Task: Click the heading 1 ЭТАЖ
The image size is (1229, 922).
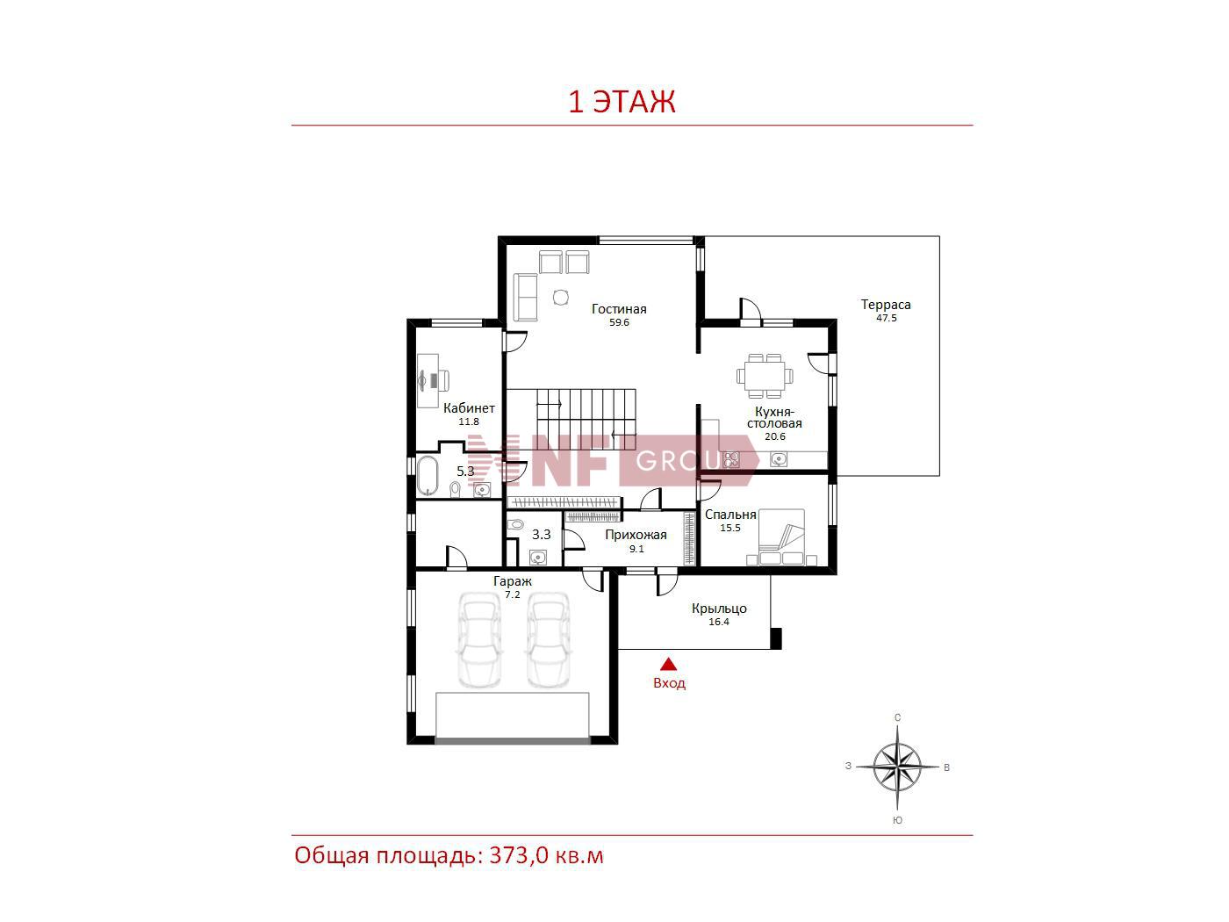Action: pyautogui.click(x=622, y=102)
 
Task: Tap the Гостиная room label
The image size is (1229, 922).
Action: pyautogui.click(x=619, y=309)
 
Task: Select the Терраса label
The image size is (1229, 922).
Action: pyautogui.click(x=886, y=305)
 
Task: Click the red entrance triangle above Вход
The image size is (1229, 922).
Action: pyautogui.click(x=669, y=664)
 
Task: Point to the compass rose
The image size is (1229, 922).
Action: pyautogui.click(x=897, y=767)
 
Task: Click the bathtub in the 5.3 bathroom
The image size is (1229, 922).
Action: pyautogui.click(x=428, y=476)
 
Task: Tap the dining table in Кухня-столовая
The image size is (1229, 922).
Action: pyautogui.click(x=765, y=376)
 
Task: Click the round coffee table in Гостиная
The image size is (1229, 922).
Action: pyautogui.click(x=560, y=298)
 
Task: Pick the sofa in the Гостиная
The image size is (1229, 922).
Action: pyautogui.click(x=525, y=298)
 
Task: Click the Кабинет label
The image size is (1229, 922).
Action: pyautogui.click(x=469, y=408)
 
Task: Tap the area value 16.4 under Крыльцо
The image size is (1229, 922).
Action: pyautogui.click(x=719, y=622)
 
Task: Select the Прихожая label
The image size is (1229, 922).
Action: pyautogui.click(x=636, y=535)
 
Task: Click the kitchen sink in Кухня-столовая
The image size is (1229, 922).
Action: pyautogui.click(x=779, y=459)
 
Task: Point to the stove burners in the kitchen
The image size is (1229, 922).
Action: pyautogui.click(x=731, y=459)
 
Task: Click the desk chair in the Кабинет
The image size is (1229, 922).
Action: pyautogui.click(x=442, y=380)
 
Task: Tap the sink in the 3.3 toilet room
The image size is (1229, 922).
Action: pyautogui.click(x=537, y=558)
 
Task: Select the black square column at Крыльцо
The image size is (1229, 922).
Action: pyautogui.click(x=776, y=638)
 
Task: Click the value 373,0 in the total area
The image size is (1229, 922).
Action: pyautogui.click(x=519, y=856)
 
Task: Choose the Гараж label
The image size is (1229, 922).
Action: pyautogui.click(x=513, y=581)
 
